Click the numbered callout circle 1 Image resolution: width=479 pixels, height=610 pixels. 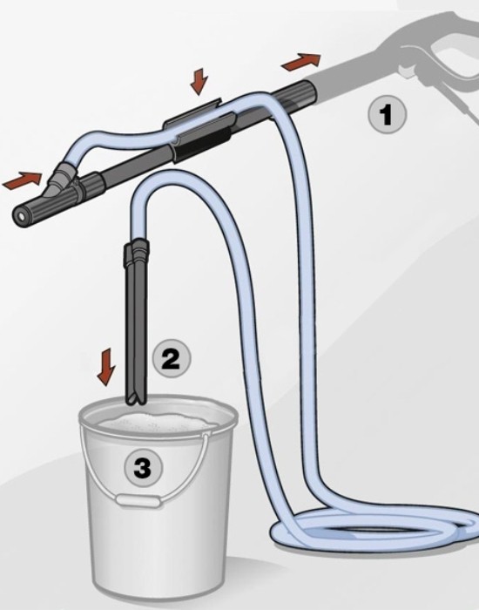tap(387, 115)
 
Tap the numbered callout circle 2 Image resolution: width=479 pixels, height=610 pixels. tap(171, 358)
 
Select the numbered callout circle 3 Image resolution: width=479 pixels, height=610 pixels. tap(143, 467)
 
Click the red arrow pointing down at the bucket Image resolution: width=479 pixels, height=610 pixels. tap(106, 367)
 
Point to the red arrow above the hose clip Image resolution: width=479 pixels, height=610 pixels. tap(199, 81)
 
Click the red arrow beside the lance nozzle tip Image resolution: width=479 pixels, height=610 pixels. tap(22, 180)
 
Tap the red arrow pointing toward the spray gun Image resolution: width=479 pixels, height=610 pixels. tap(301, 62)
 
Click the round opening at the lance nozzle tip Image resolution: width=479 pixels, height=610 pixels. tap(18, 214)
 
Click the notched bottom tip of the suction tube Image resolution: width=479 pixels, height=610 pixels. tap(136, 402)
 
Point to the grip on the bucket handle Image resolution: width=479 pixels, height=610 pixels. tap(138, 501)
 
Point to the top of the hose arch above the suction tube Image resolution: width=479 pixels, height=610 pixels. tap(171, 178)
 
